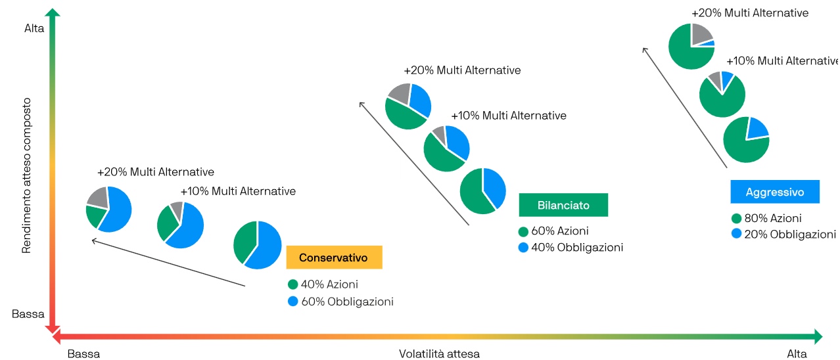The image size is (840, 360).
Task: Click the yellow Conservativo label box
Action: pos(334,258)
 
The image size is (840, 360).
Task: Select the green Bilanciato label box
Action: pos(563,205)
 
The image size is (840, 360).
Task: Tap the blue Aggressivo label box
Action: pos(775,192)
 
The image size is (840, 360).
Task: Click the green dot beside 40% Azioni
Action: pos(293,284)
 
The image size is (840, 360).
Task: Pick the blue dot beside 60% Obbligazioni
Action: pos(293,301)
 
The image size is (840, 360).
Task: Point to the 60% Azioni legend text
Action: pos(560,231)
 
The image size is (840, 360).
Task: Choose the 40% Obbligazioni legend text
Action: pos(577,247)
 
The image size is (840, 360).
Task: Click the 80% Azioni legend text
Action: pos(773,218)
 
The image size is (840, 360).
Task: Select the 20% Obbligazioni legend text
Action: pos(790,234)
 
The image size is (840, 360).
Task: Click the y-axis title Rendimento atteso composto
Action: pos(26,175)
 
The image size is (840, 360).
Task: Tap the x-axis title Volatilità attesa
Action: pos(439,353)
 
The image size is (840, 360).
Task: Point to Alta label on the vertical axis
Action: pos(34,28)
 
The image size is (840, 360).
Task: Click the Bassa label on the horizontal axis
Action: pos(83,353)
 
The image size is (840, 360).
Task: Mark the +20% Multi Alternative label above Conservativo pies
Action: pos(156,172)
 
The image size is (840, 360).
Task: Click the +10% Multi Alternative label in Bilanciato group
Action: pos(509,116)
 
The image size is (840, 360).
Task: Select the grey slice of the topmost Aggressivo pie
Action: pos(701,34)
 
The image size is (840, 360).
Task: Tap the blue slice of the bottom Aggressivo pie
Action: pos(757,129)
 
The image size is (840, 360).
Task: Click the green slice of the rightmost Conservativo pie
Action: pos(245,242)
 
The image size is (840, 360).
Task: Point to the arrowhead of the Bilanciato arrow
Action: pos(361,104)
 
